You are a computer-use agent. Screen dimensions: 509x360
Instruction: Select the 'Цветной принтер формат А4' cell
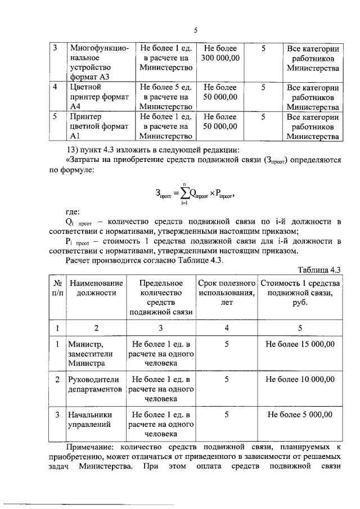pyautogui.click(x=93, y=97)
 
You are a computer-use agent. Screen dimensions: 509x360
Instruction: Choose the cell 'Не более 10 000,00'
pyautogui.click(x=300, y=379)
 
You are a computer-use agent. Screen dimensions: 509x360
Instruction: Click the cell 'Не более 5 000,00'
pyautogui.click(x=300, y=415)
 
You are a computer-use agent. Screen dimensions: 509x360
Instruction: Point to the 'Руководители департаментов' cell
pyautogui.click(x=93, y=384)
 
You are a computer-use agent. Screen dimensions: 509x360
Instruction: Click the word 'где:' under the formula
pyautogui.click(x=73, y=212)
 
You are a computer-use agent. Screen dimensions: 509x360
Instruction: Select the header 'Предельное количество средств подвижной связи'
pyautogui.click(x=161, y=297)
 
